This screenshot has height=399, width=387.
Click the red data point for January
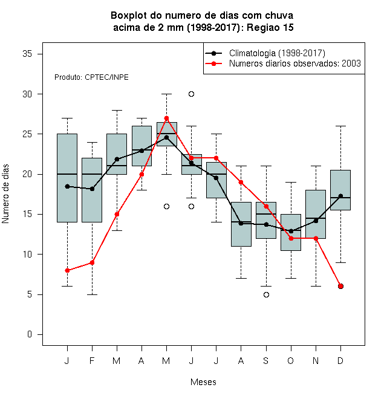[x=67, y=270]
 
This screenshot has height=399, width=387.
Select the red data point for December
[x=340, y=287]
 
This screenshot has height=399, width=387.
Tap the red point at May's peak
[x=166, y=118]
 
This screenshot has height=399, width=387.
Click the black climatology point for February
[x=92, y=189]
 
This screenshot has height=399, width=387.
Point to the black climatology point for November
[x=316, y=221]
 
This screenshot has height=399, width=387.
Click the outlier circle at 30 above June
[x=192, y=94]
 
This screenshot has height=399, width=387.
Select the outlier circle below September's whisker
[x=266, y=294]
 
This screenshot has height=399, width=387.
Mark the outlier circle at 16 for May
[x=166, y=206]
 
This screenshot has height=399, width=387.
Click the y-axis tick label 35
[x=27, y=54]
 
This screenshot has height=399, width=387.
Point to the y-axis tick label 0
[x=30, y=334]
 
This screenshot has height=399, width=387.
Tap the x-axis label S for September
[x=266, y=361]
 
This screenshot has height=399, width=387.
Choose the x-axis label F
[x=92, y=361]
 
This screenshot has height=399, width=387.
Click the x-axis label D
[x=340, y=361]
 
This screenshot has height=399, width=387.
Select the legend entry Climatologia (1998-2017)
[x=277, y=53]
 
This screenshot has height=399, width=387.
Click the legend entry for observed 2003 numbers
[x=295, y=63]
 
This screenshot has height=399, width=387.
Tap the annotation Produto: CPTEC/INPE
[x=91, y=77]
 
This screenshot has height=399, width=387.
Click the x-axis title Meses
[x=203, y=382]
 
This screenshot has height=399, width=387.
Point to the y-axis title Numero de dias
[x=5, y=194]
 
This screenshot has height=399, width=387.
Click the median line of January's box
[x=67, y=174]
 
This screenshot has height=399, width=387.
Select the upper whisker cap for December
[x=340, y=126]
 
